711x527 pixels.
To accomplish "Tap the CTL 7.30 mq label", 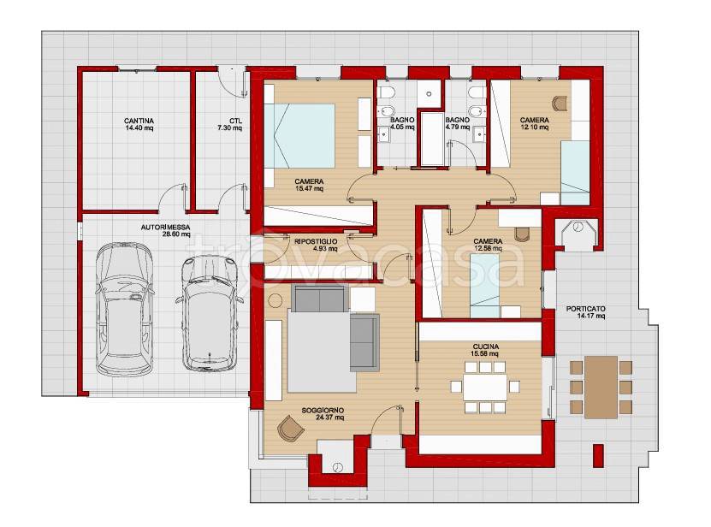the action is tap(229, 124).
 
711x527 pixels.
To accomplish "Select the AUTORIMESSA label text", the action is tap(165, 228).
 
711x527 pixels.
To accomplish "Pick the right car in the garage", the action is tap(210, 313).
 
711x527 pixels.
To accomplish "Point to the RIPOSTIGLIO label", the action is tap(316, 242).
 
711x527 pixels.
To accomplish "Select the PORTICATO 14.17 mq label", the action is tap(585, 312).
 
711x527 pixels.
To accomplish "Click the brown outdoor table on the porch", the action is tap(601, 387).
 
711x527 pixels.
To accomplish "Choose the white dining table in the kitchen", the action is tap(485, 387).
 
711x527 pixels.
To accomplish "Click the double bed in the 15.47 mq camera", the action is tap(299, 136).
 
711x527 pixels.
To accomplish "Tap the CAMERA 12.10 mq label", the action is tap(535, 123).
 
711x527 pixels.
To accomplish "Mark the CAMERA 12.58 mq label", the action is tap(488, 245).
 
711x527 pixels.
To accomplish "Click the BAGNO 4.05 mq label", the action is tap(402, 123).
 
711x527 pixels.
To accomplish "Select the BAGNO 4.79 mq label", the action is tap(457, 123).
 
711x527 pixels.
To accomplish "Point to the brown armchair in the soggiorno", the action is tap(290, 428).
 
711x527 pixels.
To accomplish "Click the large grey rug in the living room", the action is tap(322, 352).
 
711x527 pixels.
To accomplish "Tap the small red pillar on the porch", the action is tap(599, 455).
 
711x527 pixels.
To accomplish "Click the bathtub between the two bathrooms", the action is tap(432, 139).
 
